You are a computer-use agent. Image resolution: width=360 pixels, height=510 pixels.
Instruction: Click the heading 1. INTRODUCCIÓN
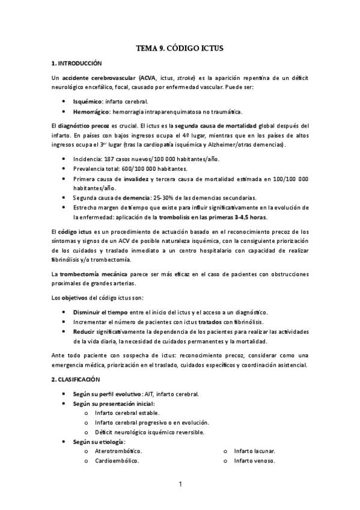click(x=77, y=63)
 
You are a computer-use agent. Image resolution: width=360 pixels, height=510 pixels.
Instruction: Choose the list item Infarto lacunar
click(x=255, y=450)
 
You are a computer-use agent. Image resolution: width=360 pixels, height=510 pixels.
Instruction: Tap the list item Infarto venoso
click(x=254, y=461)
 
